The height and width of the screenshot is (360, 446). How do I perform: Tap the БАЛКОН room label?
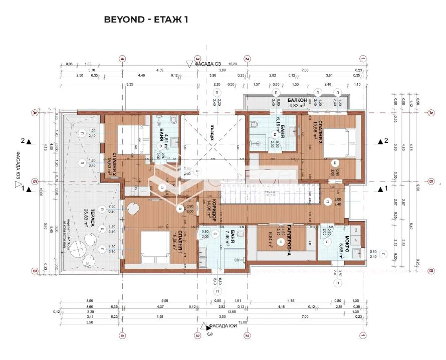[x=298, y=100]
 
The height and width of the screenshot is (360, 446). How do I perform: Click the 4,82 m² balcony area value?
[x=297, y=106]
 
